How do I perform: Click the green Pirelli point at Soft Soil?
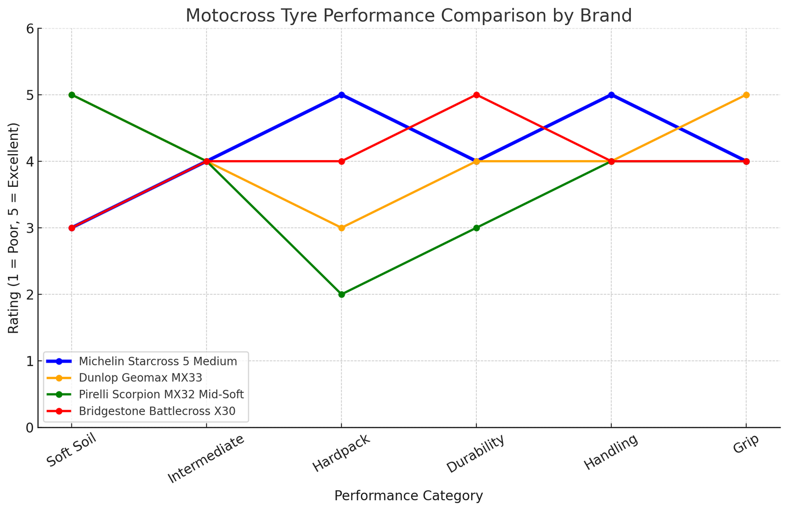point(72,95)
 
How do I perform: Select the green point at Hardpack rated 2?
point(342,295)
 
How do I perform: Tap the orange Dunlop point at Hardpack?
point(342,228)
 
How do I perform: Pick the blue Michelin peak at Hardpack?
point(342,95)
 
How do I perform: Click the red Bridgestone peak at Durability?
point(476,95)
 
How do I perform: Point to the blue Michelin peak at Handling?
point(611,95)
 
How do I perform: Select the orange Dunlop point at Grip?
point(746,95)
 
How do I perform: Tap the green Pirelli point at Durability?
point(476,228)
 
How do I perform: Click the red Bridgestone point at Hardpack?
point(342,162)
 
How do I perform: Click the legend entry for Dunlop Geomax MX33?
point(140,378)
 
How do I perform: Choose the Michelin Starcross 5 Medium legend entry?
point(158,361)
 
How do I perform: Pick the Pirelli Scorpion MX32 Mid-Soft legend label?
point(161,395)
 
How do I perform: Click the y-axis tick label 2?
point(30,295)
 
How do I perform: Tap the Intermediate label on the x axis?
point(206,459)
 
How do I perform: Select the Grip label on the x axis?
point(745,446)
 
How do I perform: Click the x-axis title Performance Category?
point(408,496)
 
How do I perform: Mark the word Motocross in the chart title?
point(224,16)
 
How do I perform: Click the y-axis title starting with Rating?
point(13,228)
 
